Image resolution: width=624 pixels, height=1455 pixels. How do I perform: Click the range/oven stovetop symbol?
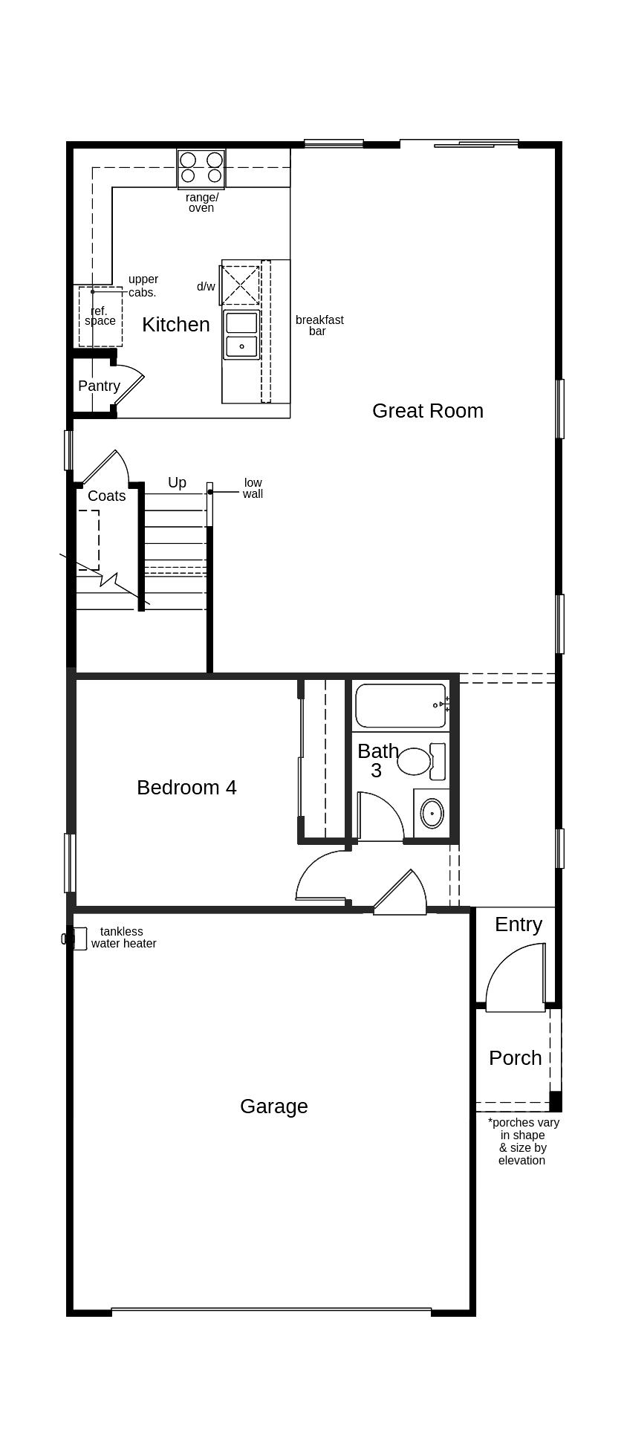pos(201,169)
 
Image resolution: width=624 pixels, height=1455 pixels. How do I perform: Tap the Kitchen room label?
pos(175,325)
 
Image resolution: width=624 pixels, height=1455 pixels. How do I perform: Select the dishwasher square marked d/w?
pos(240,285)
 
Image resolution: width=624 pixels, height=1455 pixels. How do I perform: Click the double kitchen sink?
pos(241,334)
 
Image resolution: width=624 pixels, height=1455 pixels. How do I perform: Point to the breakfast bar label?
pos(319,325)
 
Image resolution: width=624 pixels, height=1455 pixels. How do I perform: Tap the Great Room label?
pos(427,411)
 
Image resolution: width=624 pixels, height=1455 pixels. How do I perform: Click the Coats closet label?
pos(106,496)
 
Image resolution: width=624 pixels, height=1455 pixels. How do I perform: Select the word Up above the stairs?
pos(177,483)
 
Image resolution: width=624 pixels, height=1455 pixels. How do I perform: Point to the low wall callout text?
pos(253,488)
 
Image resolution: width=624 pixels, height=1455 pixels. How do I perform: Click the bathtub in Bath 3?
pos(400,706)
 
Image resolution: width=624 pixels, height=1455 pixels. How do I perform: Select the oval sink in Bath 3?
pos(432,813)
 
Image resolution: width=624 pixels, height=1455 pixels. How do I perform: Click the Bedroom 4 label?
pos(186,788)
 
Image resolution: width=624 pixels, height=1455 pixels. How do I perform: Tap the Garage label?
pos(273,1106)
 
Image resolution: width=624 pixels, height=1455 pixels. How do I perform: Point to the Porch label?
pos(515,1058)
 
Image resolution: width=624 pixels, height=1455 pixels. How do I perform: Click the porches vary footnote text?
pos(523,1141)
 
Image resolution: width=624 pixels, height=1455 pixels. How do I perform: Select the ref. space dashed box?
pos(100,317)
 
